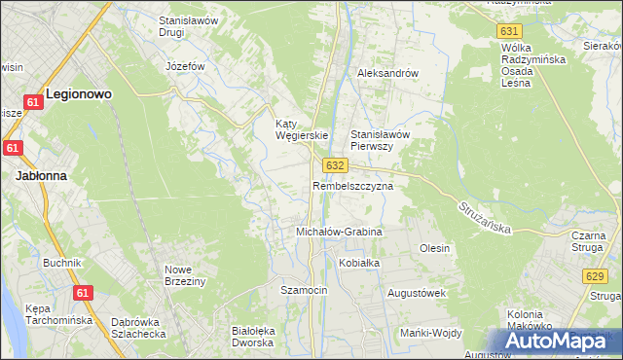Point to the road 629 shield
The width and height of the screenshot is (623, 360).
(x=596, y=277)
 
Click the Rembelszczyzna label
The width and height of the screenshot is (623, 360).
(x=352, y=185)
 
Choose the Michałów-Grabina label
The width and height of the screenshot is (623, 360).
(x=339, y=233)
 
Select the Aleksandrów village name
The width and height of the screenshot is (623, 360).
(x=387, y=73)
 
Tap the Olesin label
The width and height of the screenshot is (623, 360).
(x=434, y=248)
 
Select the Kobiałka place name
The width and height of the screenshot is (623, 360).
(x=358, y=263)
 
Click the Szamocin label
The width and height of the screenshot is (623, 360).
(x=304, y=291)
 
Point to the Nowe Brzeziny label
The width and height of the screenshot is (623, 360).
(x=185, y=275)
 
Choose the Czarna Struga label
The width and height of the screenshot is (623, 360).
(x=589, y=242)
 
